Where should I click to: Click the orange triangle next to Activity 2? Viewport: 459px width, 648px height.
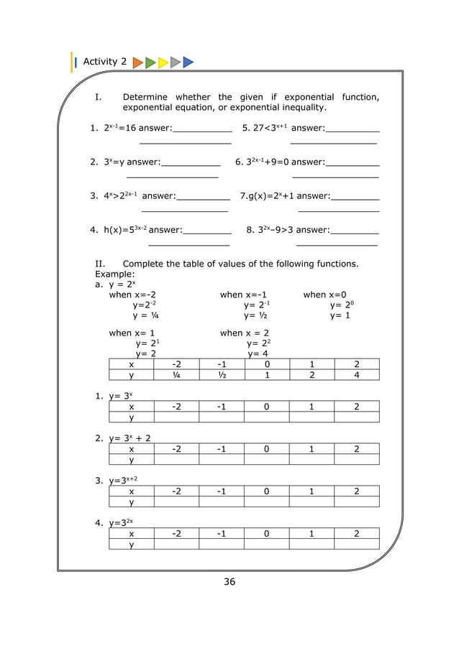[x=137, y=63]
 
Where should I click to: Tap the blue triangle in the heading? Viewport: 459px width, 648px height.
[x=188, y=63]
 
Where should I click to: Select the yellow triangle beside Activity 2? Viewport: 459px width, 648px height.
[x=163, y=63]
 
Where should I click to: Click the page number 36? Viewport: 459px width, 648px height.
[x=229, y=582]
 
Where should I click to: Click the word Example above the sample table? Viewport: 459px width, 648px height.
[x=114, y=274]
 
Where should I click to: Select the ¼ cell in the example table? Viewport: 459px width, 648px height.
[x=176, y=374]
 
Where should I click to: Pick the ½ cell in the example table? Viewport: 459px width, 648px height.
[x=222, y=374]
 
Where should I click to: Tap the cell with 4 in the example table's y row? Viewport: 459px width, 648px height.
[x=357, y=374]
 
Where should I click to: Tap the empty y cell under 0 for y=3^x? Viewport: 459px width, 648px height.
[x=267, y=417]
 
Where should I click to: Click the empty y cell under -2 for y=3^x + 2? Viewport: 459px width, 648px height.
[x=176, y=459]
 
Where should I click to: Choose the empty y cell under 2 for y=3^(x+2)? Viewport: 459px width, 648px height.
[x=357, y=501]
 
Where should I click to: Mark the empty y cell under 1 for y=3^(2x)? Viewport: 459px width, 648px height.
[x=312, y=545]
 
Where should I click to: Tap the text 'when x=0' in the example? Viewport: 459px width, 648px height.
[x=324, y=295]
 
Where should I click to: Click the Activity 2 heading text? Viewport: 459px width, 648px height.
[x=105, y=62]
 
